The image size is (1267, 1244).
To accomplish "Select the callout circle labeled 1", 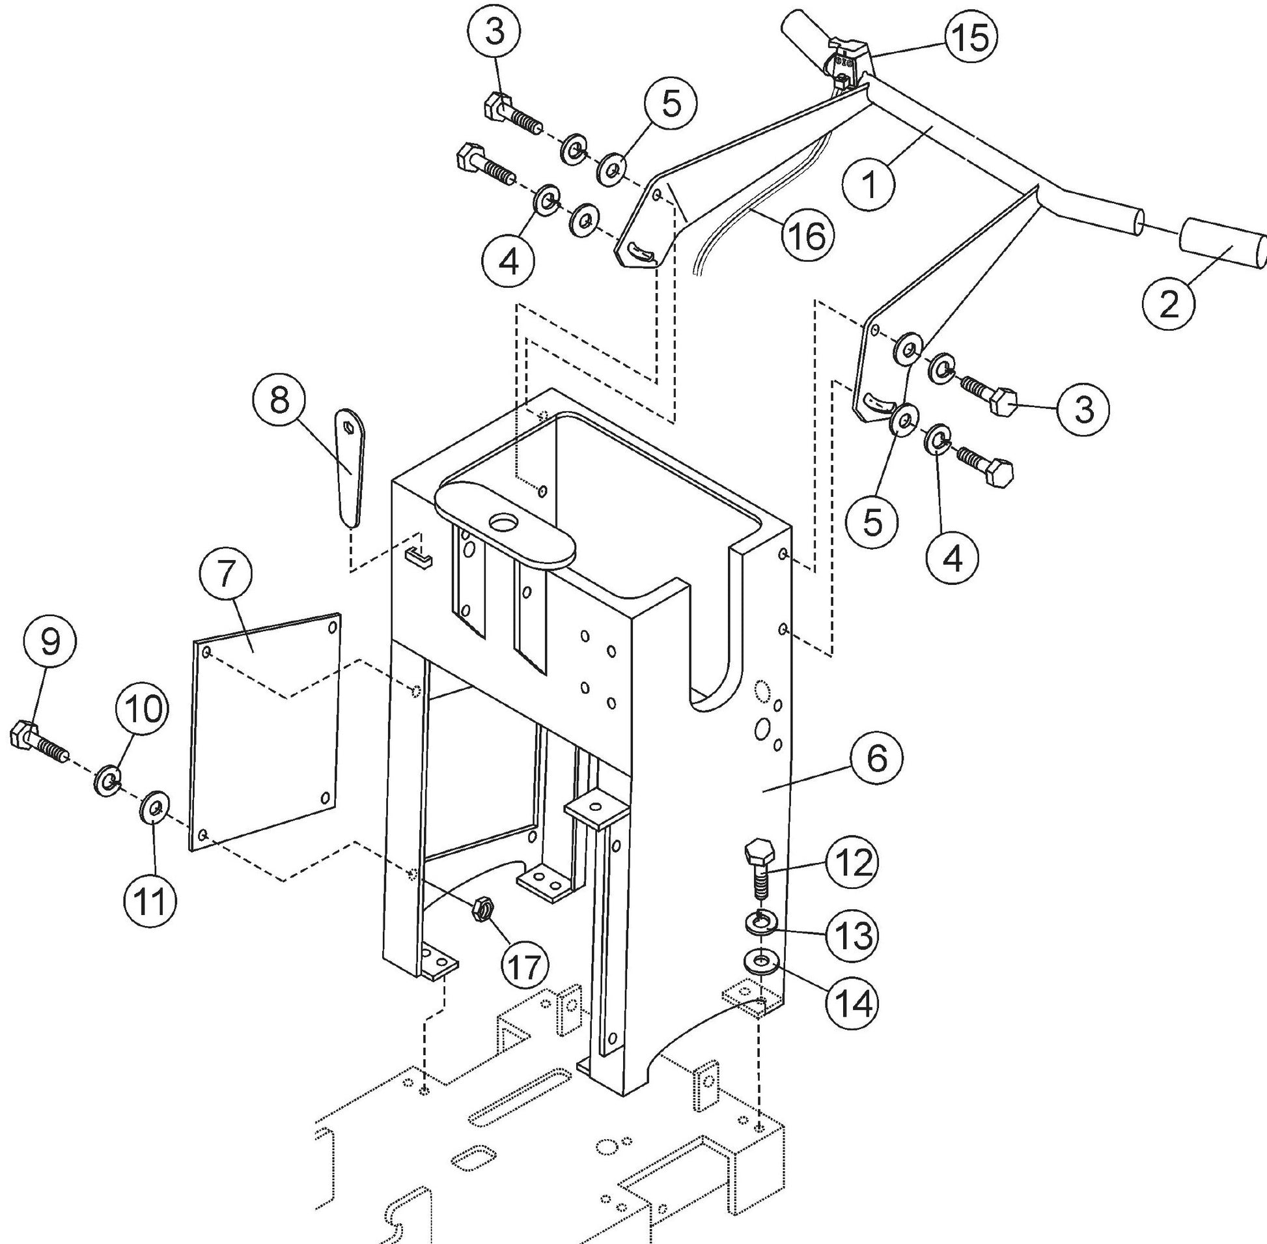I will pyautogui.click(x=869, y=185).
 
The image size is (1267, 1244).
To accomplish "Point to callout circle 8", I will pyautogui.click(x=279, y=399).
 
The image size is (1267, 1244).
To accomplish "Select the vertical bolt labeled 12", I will pyautogui.click(x=759, y=869).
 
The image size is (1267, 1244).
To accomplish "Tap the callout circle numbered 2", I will pyautogui.click(x=1169, y=304).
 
